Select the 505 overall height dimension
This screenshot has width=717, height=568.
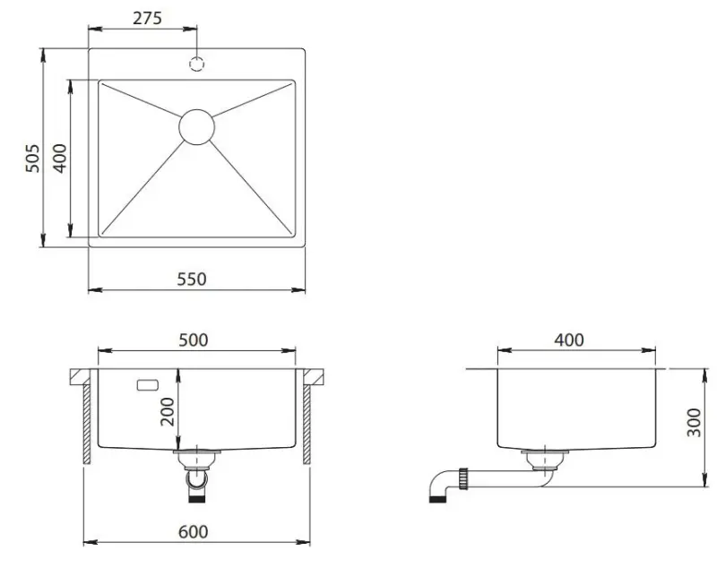(30, 159)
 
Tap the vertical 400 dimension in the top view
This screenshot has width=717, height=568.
(58, 159)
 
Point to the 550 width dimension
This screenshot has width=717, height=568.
(192, 279)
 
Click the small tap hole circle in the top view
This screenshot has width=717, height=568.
(196, 64)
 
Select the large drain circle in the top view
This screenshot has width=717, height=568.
(196, 126)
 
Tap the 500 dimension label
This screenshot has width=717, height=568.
(194, 340)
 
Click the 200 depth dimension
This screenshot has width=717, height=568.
(167, 413)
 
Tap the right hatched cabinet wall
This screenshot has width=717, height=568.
(307, 425)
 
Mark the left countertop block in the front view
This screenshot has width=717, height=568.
(83, 376)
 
